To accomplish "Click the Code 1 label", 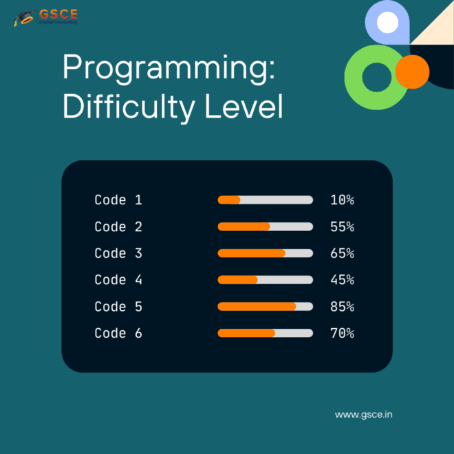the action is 118,199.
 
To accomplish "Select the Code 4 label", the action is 118,280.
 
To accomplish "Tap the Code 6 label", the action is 118,333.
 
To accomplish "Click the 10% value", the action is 343,199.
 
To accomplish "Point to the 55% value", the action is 343,227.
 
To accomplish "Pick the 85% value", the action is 343,307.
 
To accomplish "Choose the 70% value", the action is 343,333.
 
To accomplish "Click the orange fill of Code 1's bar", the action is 229,199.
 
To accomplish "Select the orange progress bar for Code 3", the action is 251,253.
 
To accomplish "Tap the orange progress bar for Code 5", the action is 257,307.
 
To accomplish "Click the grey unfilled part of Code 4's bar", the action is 285,280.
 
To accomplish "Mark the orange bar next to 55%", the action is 244,227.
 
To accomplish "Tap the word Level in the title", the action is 244,106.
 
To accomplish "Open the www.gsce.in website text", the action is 364,415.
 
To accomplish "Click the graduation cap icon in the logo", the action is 24,18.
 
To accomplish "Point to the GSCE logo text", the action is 58,14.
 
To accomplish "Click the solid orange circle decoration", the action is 412,72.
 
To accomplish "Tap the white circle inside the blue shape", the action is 387,22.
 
